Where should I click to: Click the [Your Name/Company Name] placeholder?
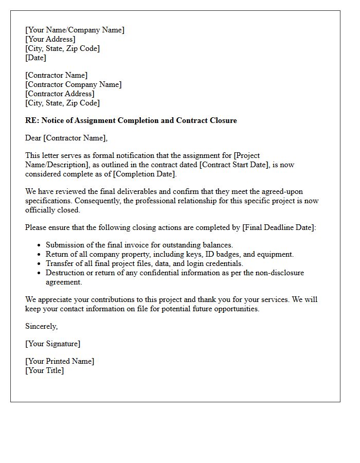75,30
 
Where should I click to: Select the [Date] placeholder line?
35,58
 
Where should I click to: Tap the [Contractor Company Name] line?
74,84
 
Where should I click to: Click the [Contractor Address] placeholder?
60,94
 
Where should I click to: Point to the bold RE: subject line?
131,120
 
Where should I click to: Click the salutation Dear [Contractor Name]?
66,138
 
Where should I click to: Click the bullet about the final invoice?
139,245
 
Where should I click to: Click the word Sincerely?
41,326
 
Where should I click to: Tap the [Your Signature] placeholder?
52,344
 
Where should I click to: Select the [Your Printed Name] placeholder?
60,361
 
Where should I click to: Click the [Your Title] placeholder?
44,370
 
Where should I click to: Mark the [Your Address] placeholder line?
50,39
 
